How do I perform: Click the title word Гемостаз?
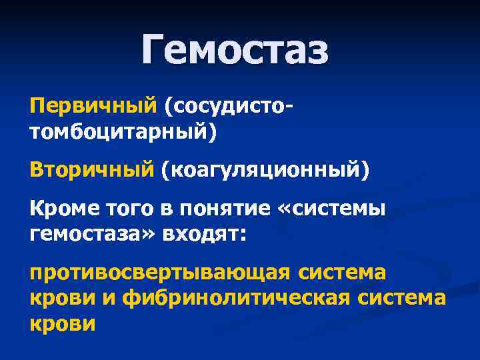235,51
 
